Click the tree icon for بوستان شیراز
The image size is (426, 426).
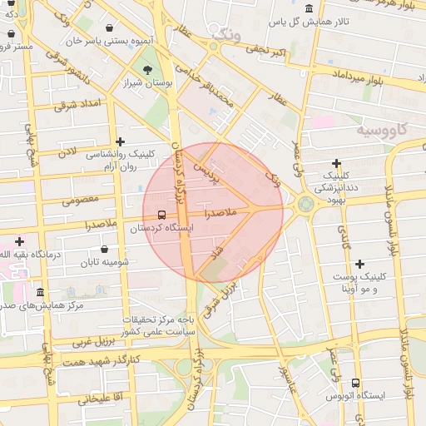[x=146, y=69]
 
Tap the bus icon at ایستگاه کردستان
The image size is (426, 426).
[x=161, y=215]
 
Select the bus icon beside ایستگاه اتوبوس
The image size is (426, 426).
[x=356, y=384]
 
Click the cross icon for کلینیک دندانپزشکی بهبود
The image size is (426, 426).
[x=336, y=163]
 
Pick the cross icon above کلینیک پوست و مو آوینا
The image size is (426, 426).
[x=359, y=264]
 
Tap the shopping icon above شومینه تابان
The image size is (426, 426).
[x=104, y=249]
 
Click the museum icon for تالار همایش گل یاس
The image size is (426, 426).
[x=310, y=9]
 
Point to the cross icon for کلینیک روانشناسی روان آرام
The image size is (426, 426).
[x=121, y=142]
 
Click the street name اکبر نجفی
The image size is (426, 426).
[x=267, y=52]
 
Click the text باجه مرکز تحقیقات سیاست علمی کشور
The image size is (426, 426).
[x=159, y=325]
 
